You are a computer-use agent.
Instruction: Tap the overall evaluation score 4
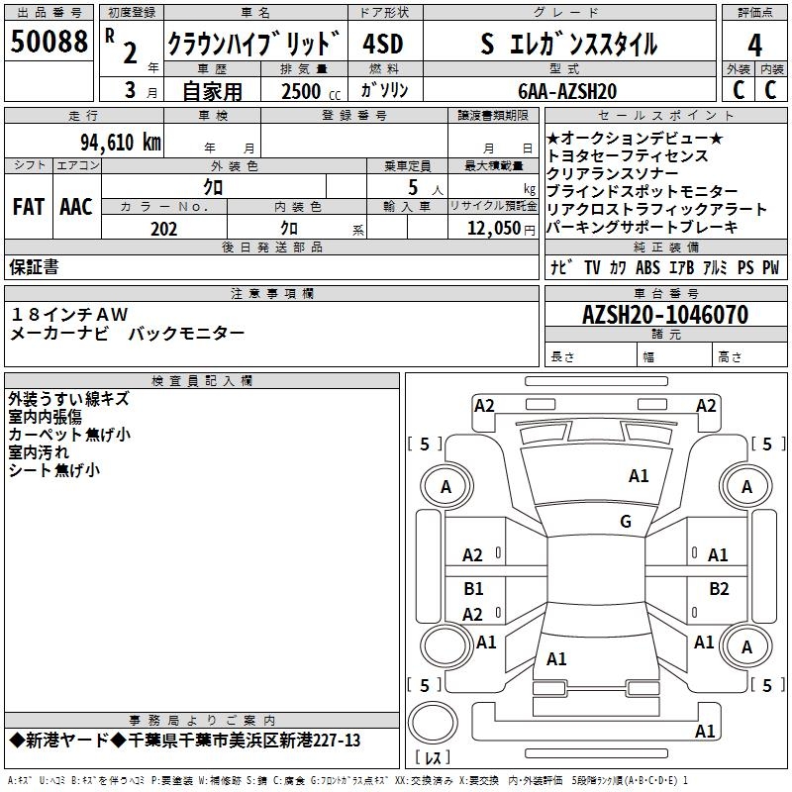[x=755, y=45]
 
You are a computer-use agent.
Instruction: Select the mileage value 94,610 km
[x=120, y=142]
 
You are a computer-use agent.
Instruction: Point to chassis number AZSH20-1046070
[x=665, y=316]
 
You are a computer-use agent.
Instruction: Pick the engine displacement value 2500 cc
[x=308, y=91]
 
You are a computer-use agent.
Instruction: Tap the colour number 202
[x=164, y=229]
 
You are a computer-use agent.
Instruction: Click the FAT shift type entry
[x=29, y=207]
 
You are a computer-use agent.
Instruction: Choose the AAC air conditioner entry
[x=76, y=207]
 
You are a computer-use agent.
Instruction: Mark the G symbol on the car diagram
[x=626, y=522]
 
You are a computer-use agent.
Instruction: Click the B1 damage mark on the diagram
[x=473, y=589]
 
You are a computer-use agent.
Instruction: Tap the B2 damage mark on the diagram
[x=719, y=589]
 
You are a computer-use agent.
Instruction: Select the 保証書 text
[x=34, y=267]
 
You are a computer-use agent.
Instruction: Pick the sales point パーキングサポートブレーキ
[x=642, y=227]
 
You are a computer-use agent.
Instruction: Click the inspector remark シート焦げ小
[x=53, y=470]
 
